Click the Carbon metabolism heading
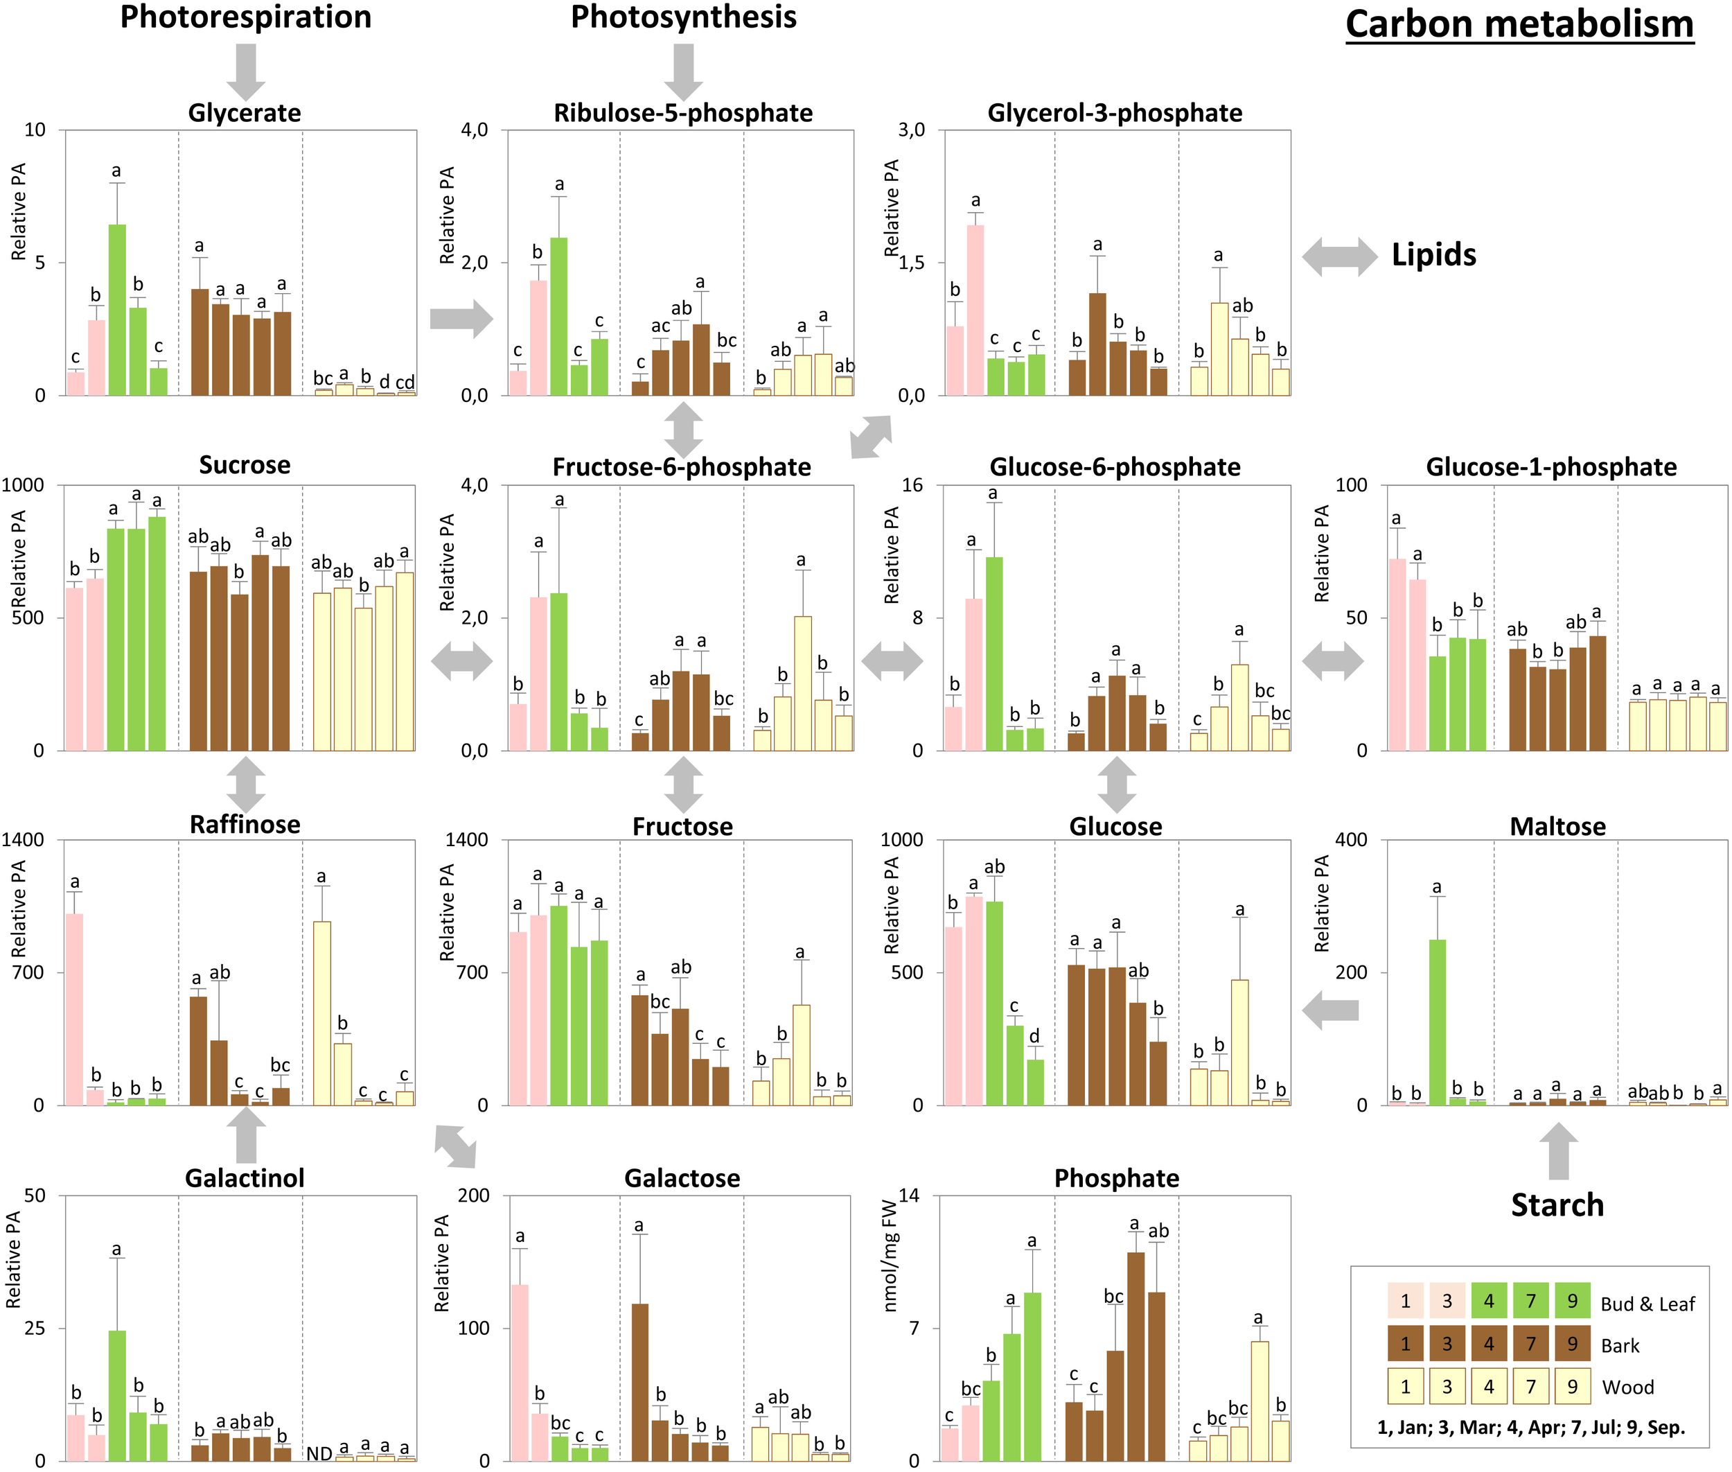pyautogui.click(x=1519, y=24)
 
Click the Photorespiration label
pyautogui.click(x=245, y=17)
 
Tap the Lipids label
pyautogui.click(x=1433, y=254)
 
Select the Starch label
pyautogui.click(x=1557, y=1205)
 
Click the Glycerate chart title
pyautogui.click(x=245, y=113)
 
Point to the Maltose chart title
pyautogui.click(x=1557, y=826)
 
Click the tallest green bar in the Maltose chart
pyautogui.click(x=1437, y=1022)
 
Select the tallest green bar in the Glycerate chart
pyautogui.click(x=117, y=309)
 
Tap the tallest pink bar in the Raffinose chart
pyautogui.click(x=75, y=1010)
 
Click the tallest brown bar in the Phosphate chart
pyautogui.click(x=1135, y=1356)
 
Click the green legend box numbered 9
pyautogui.click(x=1572, y=1301)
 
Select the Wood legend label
pyautogui.click(x=1627, y=1387)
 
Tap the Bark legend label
pyautogui.click(x=1619, y=1345)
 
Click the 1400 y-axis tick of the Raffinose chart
pyautogui.click(x=24, y=841)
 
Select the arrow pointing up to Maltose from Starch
pyautogui.click(x=1557, y=1150)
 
